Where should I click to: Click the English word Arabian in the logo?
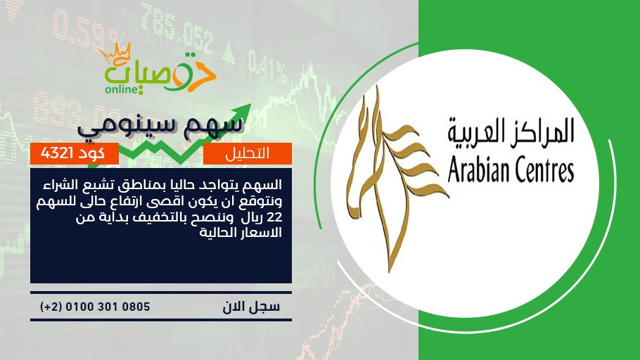pyautogui.click(x=475, y=170)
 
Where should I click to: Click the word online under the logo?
pyautogui.click(x=122, y=89)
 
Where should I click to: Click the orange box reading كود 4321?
pyautogui.click(x=75, y=153)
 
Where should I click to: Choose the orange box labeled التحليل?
pyautogui.click(x=248, y=153)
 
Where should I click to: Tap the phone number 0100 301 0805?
pyautogui.click(x=108, y=307)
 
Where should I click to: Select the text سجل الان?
pyautogui.click(x=251, y=307)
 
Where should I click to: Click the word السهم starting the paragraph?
pyautogui.click(x=265, y=185)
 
